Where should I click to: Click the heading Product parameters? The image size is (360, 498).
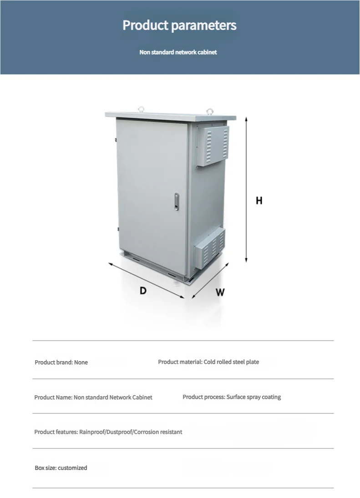(x=179, y=25)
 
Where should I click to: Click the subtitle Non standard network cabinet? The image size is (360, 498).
(x=178, y=52)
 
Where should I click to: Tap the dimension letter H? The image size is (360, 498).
(x=259, y=201)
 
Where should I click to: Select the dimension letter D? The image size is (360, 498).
(x=143, y=291)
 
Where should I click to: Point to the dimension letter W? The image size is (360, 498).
(x=220, y=292)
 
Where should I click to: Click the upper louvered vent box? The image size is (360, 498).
(x=213, y=145)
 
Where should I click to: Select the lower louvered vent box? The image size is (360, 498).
(x=211, y=247)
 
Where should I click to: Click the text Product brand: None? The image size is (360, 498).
(x=61, y=362)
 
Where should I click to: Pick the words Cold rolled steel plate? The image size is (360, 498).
(x=231, y=362)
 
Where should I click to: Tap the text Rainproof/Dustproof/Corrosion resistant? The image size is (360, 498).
(x=131, y=432)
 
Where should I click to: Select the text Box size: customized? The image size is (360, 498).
(x=61, y=468)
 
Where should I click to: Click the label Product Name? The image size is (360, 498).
(x=53, y=397)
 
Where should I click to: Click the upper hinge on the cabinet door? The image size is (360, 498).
(x=115, y=140)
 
